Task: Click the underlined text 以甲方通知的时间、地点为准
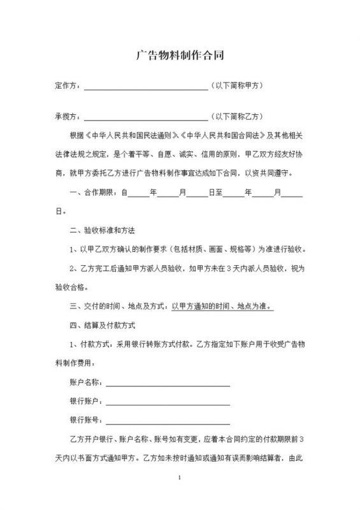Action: point(222,306)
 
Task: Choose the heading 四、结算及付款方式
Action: point(101,325)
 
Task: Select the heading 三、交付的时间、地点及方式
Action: point(118,306)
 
